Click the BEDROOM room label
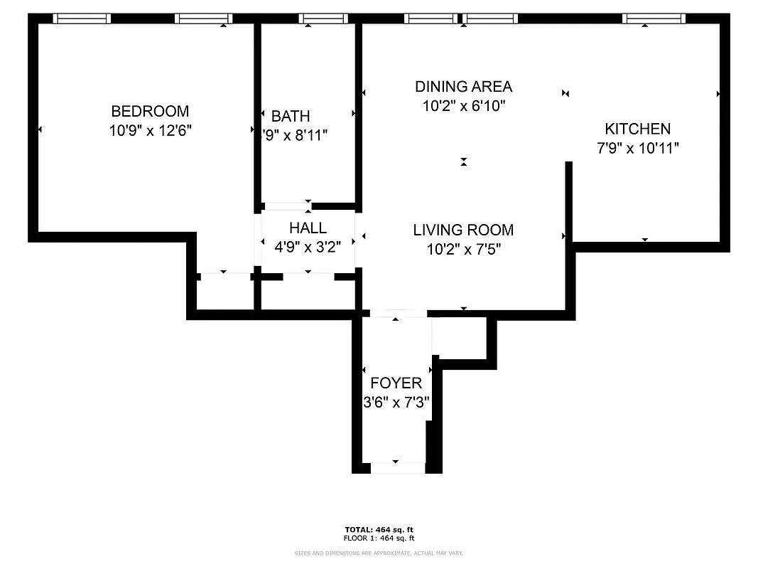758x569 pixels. click(x=150, y=112)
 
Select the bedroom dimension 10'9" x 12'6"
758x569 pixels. click(x=150, y=131)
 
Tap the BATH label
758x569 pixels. click(x=291, y=116)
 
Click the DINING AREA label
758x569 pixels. click(x=463, y=87)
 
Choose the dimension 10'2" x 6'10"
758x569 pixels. click(x=463, y=106)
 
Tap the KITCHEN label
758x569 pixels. click(x=637, y=129)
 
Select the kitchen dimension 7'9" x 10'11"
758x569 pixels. click(x=637, y=148)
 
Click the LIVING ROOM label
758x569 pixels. click(x=463, y=230)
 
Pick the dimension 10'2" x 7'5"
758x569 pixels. click(x=463, y=249)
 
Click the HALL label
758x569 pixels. click(x=308, y=228)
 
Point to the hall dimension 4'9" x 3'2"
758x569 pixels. click(x=308, y=247)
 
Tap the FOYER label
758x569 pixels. click(x=396, y=383)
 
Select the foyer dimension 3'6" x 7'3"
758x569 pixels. click(x=396, y=402)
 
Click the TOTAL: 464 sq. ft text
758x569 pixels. click(x=379, y=529)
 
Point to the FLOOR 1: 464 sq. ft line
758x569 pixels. click(x=379, y=538)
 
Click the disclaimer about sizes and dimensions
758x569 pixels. click(x=379, y=553)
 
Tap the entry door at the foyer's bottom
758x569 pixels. click(x=397, y=467)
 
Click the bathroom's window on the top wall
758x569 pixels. click(x=322, y=18)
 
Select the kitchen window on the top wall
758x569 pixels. click(x=654, y=18)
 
